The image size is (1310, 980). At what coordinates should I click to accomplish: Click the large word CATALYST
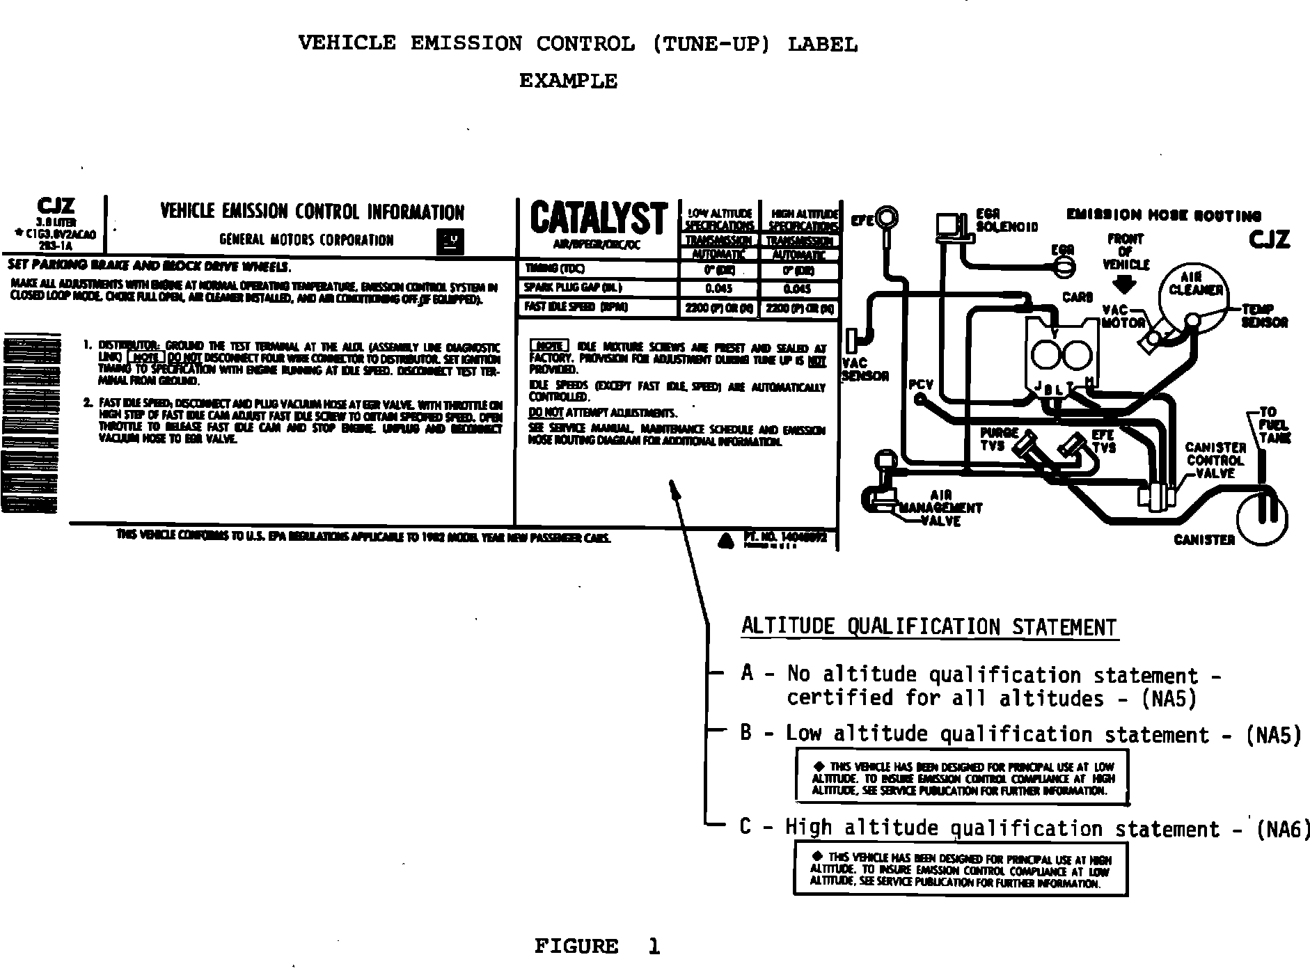pyautogui.click(x=598, y=218)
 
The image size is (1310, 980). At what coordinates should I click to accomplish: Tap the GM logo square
pyautogui.click(x=449, y=241)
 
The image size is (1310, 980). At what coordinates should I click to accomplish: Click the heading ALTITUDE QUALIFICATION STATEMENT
pyautogui.click(x=929, y=626)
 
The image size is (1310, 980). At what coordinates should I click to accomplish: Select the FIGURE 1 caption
pyautogui.click(x=597, y=946)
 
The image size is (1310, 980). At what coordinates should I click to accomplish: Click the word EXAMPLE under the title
pyautogui.click(x=568, y=81)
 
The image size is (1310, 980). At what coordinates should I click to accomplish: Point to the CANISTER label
pyautogui.click(x=1204, y=539)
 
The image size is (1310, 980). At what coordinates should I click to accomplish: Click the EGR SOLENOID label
pyautogui.click(x=1006, y=221)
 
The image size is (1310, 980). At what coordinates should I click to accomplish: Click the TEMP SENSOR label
pyautogui.click(x=1264, y=315)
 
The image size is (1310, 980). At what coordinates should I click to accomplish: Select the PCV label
pyautogui.click(x=921, y=385)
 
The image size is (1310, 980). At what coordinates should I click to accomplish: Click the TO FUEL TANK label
pyautogui.click(x=1274, y=425)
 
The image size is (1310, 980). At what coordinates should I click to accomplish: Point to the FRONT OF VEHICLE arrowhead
pyautogui.click(x=1125, y=285)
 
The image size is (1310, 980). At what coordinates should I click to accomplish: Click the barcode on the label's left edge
pyautogui.click(x=29, y=425)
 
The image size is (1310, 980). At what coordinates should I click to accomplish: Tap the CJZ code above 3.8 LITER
pyautogui.click(x=56, y=207)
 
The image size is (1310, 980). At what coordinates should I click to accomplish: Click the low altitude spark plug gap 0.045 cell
pyautogui.click(x=718, y=289)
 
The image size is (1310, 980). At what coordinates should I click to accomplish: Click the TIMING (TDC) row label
pyautogui.click(x=555, y=269)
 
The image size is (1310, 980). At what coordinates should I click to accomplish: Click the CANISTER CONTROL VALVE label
pyautogui.click(x=1215, y=460)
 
